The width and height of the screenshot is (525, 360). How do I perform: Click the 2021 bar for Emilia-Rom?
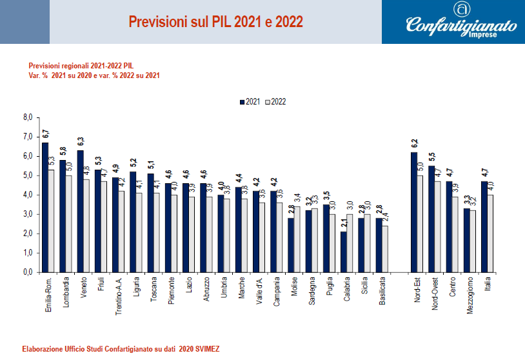point(45,206)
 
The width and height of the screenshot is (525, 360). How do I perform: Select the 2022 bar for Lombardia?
point(69,223)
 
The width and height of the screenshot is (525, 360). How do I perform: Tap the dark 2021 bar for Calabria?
point(344,252)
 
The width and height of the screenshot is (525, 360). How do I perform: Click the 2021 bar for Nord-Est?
point(414,212)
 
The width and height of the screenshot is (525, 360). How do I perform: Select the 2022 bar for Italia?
point(491,233)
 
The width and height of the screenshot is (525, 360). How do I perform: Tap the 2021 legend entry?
point(249,102)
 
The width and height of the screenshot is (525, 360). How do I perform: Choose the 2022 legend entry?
point(275,102)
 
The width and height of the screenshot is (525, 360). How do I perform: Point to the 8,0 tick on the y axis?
point(27,117)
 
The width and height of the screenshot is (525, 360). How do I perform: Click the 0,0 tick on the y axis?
point(27,272)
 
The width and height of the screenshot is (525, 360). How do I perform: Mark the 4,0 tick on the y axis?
point(27,195)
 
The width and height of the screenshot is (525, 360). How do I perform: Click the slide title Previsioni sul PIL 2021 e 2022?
point(215,22)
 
